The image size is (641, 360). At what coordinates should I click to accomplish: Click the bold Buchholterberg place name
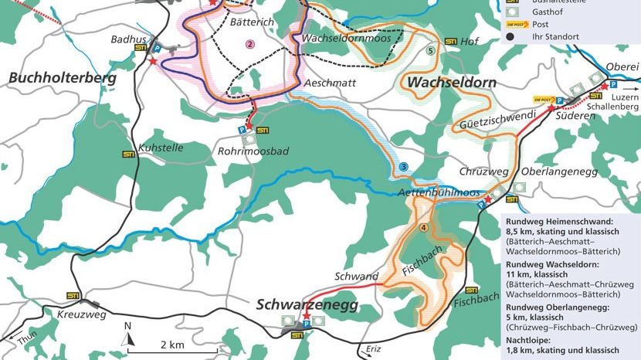[x=63, y=79]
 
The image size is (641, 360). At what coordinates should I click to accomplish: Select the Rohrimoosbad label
[x=253, y=151]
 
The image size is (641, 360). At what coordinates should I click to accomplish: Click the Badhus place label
[x=127, y=38]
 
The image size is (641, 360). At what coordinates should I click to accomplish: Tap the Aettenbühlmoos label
[x=440, y=192]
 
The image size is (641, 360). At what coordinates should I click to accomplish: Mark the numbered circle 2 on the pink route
[x=249, y=44]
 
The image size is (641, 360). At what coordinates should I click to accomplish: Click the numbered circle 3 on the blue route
[x=403, y=168]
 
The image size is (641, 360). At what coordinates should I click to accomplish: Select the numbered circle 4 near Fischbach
[x=423, y=227]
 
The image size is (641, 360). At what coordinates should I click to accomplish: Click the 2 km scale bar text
[x=172, y=344]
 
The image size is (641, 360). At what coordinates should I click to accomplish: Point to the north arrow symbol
[x=129, y=334]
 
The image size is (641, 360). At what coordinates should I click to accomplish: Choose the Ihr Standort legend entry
[x=555, y=36]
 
